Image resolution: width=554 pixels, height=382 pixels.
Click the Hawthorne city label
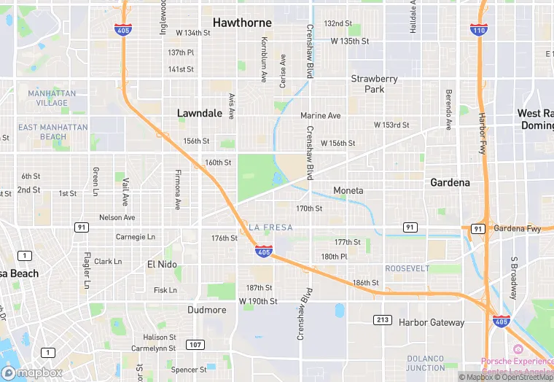[242, 23]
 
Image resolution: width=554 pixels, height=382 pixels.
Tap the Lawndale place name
[200, 113]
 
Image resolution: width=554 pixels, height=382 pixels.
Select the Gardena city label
[450, 182]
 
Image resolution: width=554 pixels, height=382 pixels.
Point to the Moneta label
[348, 190]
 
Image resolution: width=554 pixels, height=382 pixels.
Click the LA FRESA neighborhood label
[270, 227]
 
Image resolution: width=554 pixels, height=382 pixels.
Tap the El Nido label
[162, 264]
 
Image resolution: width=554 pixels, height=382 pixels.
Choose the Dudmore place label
[206, 309]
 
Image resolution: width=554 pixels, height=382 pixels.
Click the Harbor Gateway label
[431, 322]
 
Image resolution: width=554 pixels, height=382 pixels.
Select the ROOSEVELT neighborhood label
[407, 268]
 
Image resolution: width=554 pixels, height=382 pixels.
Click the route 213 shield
[383, 320]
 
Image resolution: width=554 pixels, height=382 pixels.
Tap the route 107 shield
[195, 344]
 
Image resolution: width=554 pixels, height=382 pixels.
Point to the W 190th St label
[258, 301]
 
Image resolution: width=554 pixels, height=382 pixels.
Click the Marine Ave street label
[320, 116]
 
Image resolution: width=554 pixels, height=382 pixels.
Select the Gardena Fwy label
[518, 228]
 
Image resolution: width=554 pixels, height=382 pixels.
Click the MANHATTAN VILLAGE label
[47, 98]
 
